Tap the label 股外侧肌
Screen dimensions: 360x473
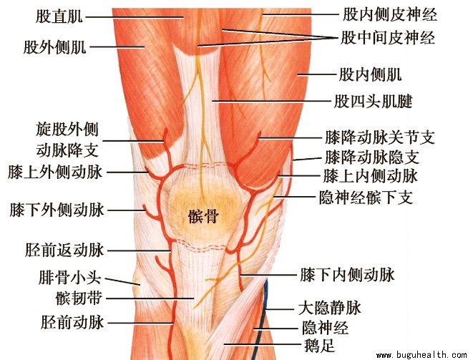[54, 47]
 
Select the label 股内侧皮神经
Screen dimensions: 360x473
[389, 13]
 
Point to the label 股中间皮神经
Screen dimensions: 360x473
[389, 37]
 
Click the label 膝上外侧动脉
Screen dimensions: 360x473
[57, 172]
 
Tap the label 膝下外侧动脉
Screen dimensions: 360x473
[57, 210]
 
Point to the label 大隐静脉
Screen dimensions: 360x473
[328, 310]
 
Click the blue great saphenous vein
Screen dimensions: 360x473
[265, 301]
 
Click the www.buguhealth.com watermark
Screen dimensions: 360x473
[421, 354]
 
